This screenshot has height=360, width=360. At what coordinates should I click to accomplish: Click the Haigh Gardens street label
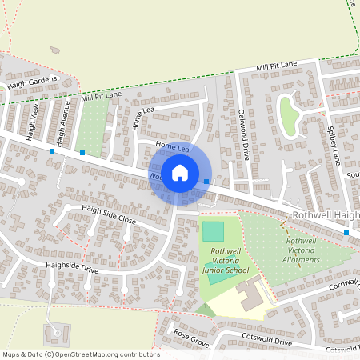[x=33, y=82]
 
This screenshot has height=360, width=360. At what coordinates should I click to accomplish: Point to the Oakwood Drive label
[x=243, y=134]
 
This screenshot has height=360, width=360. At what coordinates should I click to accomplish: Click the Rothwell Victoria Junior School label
[x=226, y=261]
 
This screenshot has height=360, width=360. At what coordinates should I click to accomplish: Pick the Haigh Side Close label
[x=110, y=213]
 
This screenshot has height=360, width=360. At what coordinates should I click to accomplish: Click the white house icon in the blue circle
[x=180, y=172]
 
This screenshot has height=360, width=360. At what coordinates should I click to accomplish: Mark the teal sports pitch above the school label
[x=213, y=231]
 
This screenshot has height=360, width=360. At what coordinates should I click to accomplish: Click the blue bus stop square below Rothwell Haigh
[x=346, y=233]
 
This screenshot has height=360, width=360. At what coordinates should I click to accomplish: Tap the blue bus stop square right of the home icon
[x=206, y=182]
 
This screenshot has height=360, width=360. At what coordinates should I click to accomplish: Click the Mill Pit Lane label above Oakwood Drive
[x=277, y=64]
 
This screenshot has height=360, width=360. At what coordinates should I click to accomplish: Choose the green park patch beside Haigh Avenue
[x=93, y=126]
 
